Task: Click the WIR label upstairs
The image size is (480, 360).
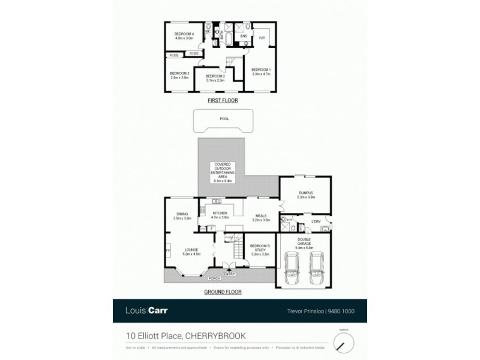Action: [x=262, y=37]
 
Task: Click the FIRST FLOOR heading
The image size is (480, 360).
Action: [x=223, y=100]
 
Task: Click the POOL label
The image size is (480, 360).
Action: [x=224, y=119]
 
